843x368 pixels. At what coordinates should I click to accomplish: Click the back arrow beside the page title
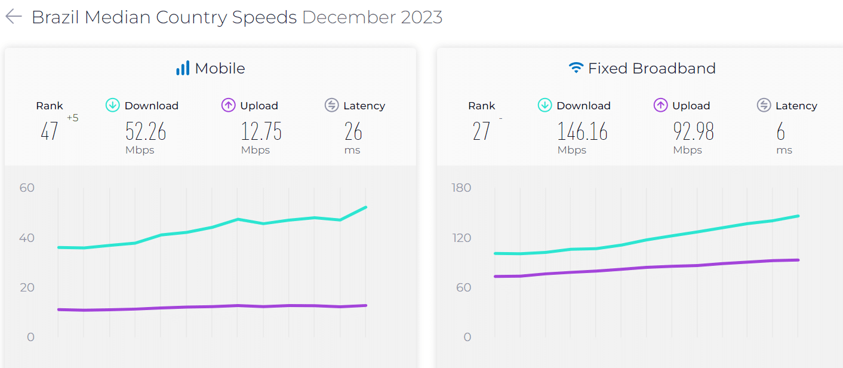click(x=13, y=17)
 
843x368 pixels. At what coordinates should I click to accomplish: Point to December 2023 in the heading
click(x=372, y=17)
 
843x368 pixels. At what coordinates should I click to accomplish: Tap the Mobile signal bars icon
click(x=182, y=68)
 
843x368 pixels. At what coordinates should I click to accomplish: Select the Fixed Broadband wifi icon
click(x=576, y=68)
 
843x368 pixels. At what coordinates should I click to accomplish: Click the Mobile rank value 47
click(x=50, y=131)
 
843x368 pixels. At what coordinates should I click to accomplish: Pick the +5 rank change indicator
click(x=72, y=118)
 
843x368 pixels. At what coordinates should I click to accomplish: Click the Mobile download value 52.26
click(x=146, y=131)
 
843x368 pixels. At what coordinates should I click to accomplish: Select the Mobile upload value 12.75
click(x=261, y=131)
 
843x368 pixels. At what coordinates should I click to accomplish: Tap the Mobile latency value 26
click(x=353, y=131)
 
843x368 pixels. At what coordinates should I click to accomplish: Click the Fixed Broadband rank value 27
click(x=481, y=131)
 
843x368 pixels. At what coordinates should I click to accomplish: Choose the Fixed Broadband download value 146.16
click(x=582, y=131)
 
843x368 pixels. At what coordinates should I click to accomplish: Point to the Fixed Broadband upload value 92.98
click(x=693, y=131)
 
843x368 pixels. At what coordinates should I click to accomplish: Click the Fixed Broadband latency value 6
click(x=781, y=131)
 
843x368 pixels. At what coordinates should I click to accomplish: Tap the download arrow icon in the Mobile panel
click(x=113, y=106)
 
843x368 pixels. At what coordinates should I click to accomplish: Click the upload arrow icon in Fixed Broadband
click(x=660, y=106)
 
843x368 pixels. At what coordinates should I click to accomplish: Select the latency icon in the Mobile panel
click(x=332, y=106)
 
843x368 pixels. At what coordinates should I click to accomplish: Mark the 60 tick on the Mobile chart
click(x=27, y=188)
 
